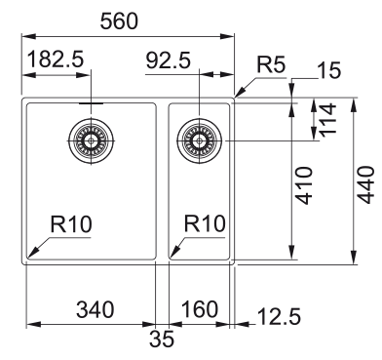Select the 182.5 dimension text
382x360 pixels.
55,60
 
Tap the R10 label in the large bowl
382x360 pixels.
70,225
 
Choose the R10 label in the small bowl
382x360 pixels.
204,225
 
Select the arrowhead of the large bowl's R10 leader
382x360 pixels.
29,259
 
